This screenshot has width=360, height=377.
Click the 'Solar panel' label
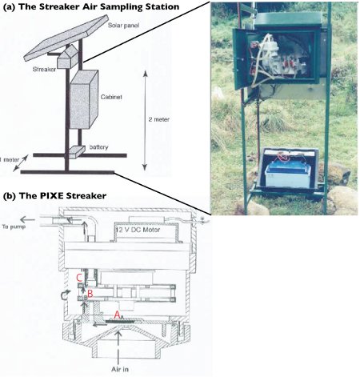tap(123, 26)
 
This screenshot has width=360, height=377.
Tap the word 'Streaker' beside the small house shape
tap(44, 70)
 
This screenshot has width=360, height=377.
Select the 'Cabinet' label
tap(111, 97)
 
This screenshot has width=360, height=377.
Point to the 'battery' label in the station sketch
tap(98, 147)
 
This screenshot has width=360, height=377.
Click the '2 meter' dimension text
tap(159, 119)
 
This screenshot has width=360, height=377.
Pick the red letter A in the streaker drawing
tap(117, 315)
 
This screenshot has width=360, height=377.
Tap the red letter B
tap(90, 294)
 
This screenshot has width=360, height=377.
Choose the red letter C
tap(79, 278)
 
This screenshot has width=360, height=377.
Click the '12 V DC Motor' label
tap(138, 230)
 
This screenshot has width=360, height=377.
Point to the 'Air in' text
tap(120, 369)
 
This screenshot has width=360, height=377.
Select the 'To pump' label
tap(14, 227)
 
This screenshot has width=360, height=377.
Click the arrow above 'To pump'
tap(27, 220)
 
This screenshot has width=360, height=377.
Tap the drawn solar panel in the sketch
tap(66, 38)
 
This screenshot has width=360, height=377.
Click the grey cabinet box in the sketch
tap(84, 99)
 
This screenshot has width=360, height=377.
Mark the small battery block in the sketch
tap(77, 152)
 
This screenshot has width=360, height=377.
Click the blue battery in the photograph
tap(289, 174)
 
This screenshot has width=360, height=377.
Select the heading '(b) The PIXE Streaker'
tap(54, 195)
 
